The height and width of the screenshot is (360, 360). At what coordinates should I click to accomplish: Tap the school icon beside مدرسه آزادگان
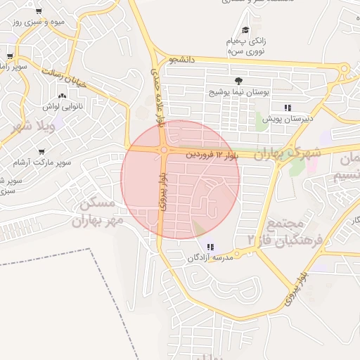211,246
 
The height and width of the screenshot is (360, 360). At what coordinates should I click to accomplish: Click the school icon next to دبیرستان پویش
287,108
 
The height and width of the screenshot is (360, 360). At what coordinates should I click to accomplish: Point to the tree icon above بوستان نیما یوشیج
238,81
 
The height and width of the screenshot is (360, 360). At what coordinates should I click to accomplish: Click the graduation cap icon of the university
245,30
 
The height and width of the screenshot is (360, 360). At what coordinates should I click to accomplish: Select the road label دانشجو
181,60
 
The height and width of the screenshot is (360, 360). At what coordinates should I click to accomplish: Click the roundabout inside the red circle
163,150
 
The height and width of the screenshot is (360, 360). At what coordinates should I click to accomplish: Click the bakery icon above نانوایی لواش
63,96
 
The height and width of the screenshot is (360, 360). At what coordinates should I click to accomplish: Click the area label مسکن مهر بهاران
98,211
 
